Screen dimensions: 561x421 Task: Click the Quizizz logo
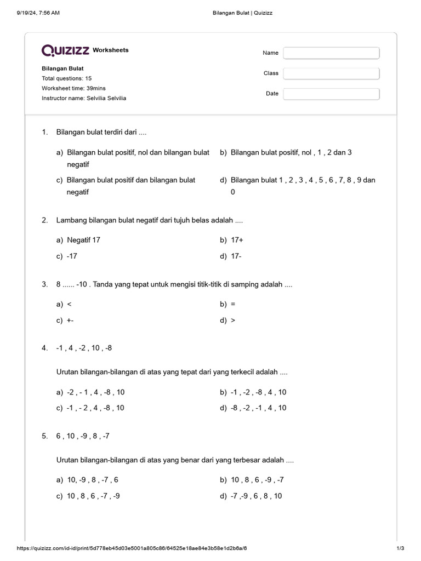(x=65, y=50)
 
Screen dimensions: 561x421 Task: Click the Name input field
(x=331, y=53)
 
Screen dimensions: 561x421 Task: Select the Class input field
(x=331, y=73)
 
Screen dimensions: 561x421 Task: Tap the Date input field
(x=331, y=94)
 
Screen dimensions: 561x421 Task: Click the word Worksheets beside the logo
(x=111, y=50)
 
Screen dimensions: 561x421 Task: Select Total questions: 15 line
(x=66, y=78)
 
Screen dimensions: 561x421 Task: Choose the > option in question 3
(x=233, y=320)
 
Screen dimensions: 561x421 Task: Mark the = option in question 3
(x=233, y=304)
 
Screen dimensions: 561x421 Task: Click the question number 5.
(x=44, y=436)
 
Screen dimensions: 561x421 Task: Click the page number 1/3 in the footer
(x=400, y=548)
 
